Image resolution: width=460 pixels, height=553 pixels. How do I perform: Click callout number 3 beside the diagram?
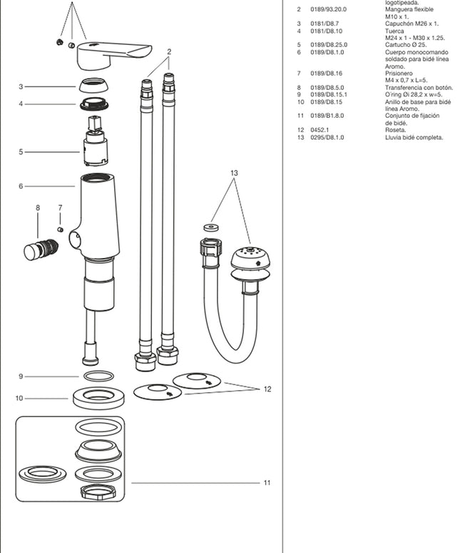[x=21, y=86]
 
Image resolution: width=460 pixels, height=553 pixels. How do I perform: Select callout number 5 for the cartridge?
[x=21, y=151]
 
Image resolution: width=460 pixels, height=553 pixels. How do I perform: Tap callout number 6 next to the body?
[x=21, y=186]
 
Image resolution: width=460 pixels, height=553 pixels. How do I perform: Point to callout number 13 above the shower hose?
[x=234, y=173]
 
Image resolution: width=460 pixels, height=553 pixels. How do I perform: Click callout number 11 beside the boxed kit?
[x=266, y=483]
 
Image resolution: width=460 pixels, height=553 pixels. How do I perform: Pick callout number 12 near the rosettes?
[x=267, y=389]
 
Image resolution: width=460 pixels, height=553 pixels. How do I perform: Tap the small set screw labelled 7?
[x=61, y=229]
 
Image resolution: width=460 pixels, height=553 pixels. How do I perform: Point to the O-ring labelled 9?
[x=98, y=376]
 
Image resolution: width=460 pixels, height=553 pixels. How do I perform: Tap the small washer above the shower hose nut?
[x=210, y=228]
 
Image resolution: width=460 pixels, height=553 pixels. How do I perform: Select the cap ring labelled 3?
[x=94, y=85]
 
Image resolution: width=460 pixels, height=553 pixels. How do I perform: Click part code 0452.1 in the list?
[x=318, y=129]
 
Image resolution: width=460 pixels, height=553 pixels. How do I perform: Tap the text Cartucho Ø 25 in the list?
[x=405, y=44]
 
